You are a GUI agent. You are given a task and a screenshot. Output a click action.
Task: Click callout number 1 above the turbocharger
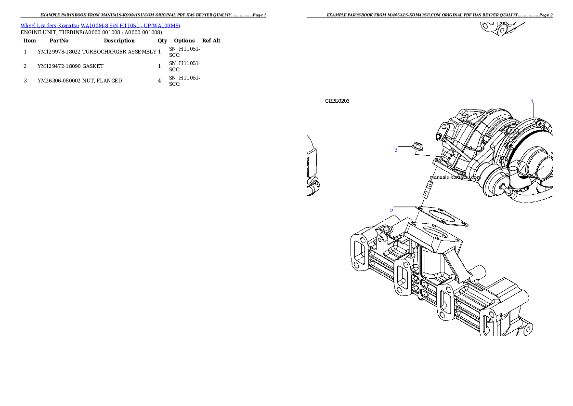click(532, 101)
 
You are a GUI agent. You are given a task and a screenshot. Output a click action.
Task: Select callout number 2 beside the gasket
click(392, 211)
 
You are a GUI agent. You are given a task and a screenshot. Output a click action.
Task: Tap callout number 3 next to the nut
click(396, 150)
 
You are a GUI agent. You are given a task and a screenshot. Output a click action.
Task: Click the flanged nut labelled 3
click(417, 145)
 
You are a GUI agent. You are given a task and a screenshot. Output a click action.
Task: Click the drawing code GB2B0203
click(337, 101)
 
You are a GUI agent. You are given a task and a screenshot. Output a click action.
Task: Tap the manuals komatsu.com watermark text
click(455, 177)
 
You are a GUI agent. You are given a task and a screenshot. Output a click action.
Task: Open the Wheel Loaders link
click(39, 26)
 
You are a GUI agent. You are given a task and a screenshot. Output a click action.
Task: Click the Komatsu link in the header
click(68, 26)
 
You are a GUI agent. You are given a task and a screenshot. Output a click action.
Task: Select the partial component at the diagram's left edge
click(312, 166)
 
